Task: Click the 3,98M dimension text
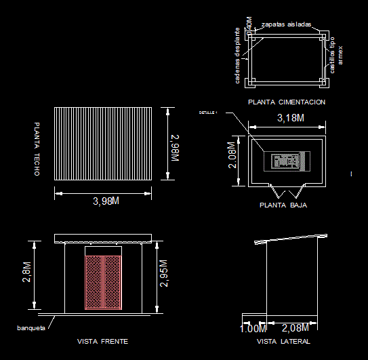tap(106, 201)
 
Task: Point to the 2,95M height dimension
tap(164, 274)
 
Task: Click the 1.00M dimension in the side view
tap(253, 329)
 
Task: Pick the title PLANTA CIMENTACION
tap(287, 102)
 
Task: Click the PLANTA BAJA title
tap(283, 204)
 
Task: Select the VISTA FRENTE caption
tap(103, 341)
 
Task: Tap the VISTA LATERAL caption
tap(283, 341)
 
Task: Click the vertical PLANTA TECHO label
tap(37, 150)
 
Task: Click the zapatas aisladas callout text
tap(286, 24)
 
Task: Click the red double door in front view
tap(103, 282)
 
